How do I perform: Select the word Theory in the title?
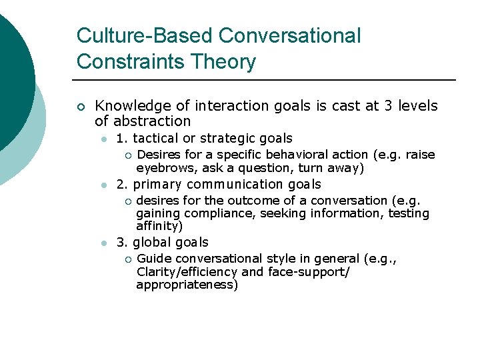click(223, 62)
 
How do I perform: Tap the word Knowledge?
click(133, 106)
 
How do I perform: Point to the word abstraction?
click(152, 121)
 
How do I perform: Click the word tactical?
click(155, 139)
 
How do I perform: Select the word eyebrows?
click(162, 169)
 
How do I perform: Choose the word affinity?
click(159, 226)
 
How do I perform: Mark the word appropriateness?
click(187, 285)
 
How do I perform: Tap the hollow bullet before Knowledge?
click(81, 107)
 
